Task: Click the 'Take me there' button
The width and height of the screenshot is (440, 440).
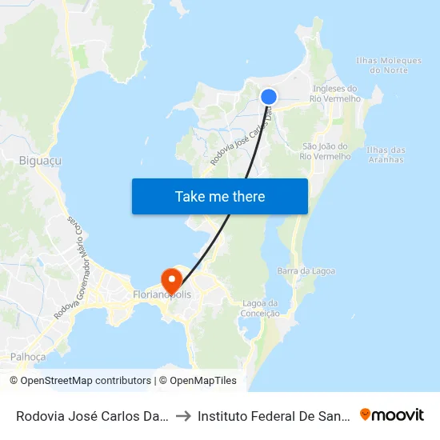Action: tap(220, 196)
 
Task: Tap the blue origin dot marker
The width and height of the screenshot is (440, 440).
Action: tap(269, 97)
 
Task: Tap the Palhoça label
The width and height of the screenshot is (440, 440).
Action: tap(28, 356)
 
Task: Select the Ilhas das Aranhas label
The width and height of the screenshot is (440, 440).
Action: tap(385, 154)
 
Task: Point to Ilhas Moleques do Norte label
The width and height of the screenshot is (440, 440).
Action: tap(388, 66)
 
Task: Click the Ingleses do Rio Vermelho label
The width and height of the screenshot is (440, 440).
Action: tap(337, 94)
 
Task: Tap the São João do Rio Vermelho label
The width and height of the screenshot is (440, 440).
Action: tap(325, 151)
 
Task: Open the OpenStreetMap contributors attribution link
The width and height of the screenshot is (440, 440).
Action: tap(80, 381)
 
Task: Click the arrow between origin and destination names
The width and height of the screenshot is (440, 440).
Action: tap(184, 415)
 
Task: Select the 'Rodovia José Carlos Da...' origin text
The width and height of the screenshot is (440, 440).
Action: tap(93, 415)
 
